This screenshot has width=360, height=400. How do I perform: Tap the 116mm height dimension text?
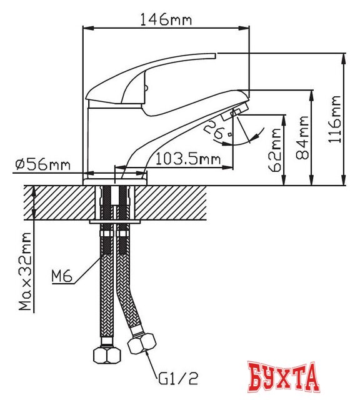coord(336,119)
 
